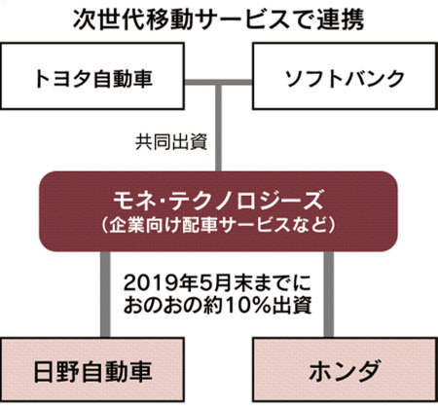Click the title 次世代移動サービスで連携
pos(218,19)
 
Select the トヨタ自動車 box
pos(92,76)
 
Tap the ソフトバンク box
pos(345,76)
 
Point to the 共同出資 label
pos(171,142)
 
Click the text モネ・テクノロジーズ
pos(218,201)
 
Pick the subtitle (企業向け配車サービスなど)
pos(218,225)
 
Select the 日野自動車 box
pos(92,369)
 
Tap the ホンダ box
pos(345,369)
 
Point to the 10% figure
pos(247,305)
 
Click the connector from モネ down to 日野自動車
pos(105,294)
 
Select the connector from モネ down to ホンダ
pos(328,294)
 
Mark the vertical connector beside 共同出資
pos(219,127)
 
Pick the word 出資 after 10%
pos(292,305)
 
